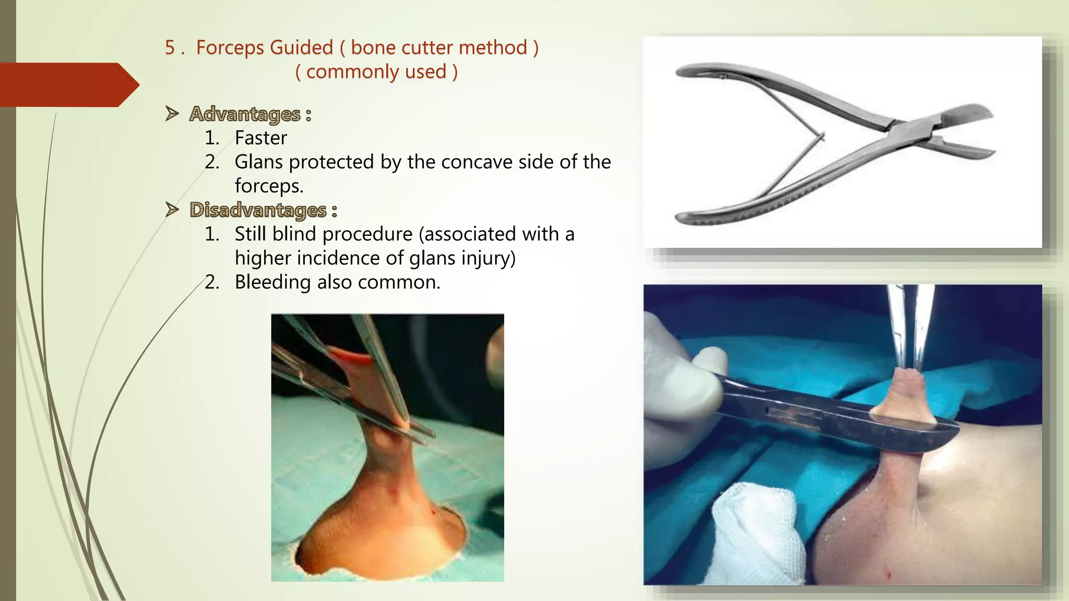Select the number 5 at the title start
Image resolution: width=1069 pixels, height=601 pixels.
click(170, 48)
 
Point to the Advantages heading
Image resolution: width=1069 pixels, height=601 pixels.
click(245, 114)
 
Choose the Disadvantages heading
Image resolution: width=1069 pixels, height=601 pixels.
click(258, 210)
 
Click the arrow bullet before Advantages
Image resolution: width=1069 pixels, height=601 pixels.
click(172, 113)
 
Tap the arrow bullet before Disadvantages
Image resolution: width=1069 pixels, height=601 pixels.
click(172, 209)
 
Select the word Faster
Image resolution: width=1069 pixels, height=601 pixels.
click(260, 138)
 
